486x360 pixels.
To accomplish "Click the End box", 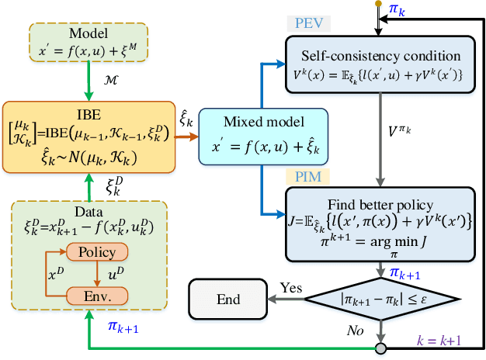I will (229, 299).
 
